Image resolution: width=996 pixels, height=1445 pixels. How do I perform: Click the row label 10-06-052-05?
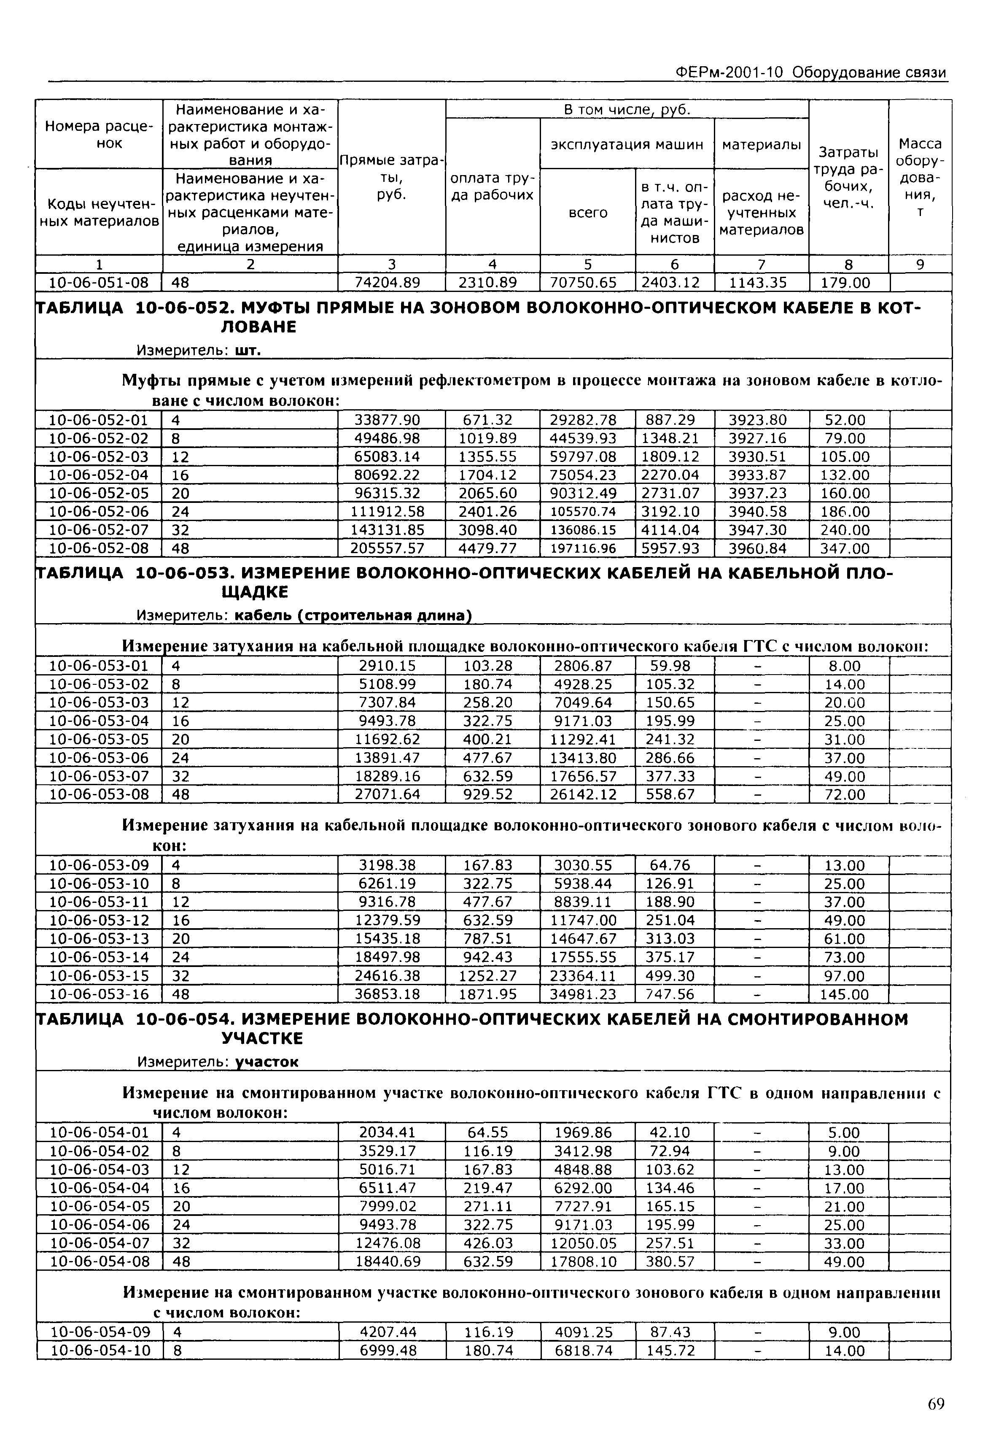99,493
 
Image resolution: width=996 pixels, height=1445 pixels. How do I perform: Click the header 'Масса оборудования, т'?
920,177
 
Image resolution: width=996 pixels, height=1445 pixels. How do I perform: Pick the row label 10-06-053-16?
99,994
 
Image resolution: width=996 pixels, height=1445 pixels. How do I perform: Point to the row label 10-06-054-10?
99,1351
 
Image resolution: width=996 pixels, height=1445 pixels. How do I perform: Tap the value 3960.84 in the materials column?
759,548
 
